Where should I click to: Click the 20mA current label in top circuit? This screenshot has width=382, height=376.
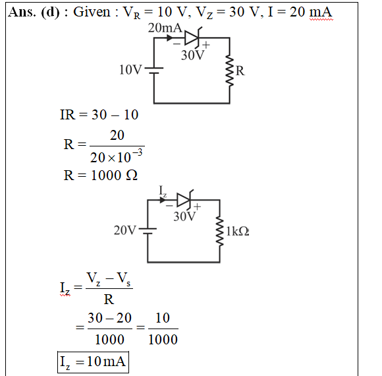point(165,28)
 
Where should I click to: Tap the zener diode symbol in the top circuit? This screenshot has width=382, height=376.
point(192,38)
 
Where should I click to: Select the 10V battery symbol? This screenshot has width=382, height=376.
point(154,71)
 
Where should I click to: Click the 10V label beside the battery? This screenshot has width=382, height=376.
point(130,70)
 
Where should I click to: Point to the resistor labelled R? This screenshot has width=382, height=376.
point(229,71)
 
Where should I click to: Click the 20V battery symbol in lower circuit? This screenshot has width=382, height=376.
point(148,231)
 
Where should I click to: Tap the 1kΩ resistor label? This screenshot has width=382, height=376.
point(238,231)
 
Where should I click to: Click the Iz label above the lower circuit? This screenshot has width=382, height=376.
point(163,191)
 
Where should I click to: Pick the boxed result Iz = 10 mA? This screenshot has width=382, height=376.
point(93,362)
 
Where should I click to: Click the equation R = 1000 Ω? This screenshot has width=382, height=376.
point(100,175)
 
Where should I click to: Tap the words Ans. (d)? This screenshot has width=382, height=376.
point(34,12)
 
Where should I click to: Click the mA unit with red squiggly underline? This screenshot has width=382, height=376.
point(321,12)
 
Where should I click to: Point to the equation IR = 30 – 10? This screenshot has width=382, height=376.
point(99,114)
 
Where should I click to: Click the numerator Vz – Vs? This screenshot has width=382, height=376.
point(109,279)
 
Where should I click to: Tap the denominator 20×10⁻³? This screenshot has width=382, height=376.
point(117,156)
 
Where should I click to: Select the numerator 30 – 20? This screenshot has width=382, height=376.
point(109,318)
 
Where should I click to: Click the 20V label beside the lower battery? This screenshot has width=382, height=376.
point(125,230)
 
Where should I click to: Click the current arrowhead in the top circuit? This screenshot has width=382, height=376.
point(170,38)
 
